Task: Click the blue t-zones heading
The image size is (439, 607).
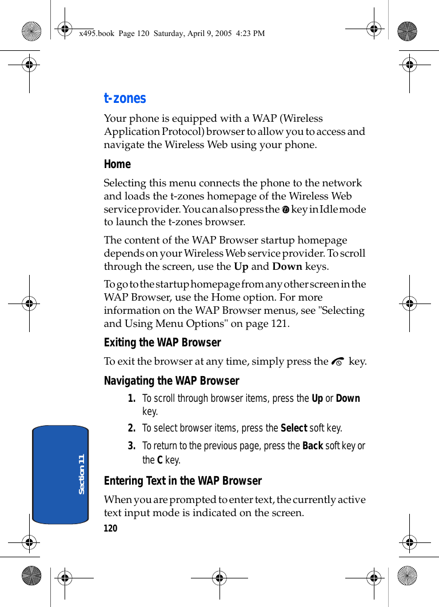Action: [x=125, y=98]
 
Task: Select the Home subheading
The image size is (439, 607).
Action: [x=117, y=164]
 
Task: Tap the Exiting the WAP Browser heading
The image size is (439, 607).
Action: [x=162, y=342]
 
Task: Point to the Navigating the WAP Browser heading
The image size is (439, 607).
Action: [x=171, y=381]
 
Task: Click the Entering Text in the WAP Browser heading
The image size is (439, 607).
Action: [x=183, y=481]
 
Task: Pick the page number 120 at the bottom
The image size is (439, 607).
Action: [x=110, y=529]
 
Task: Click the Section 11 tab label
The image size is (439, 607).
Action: [x=81, y=474]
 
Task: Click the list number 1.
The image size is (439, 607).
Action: [x=131, y=398]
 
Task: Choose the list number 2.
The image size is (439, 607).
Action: [x=131, y=428]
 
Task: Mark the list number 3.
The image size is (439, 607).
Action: [x=131, y=446]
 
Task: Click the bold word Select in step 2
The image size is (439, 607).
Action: [x=294, y=428]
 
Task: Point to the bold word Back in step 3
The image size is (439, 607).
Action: [x=313, y=446]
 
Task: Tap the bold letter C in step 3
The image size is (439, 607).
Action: [x=160, y=460]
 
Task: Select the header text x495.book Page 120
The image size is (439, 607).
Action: [x=107, y=33]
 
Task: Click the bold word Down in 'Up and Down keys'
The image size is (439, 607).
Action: [x=287, y=266]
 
